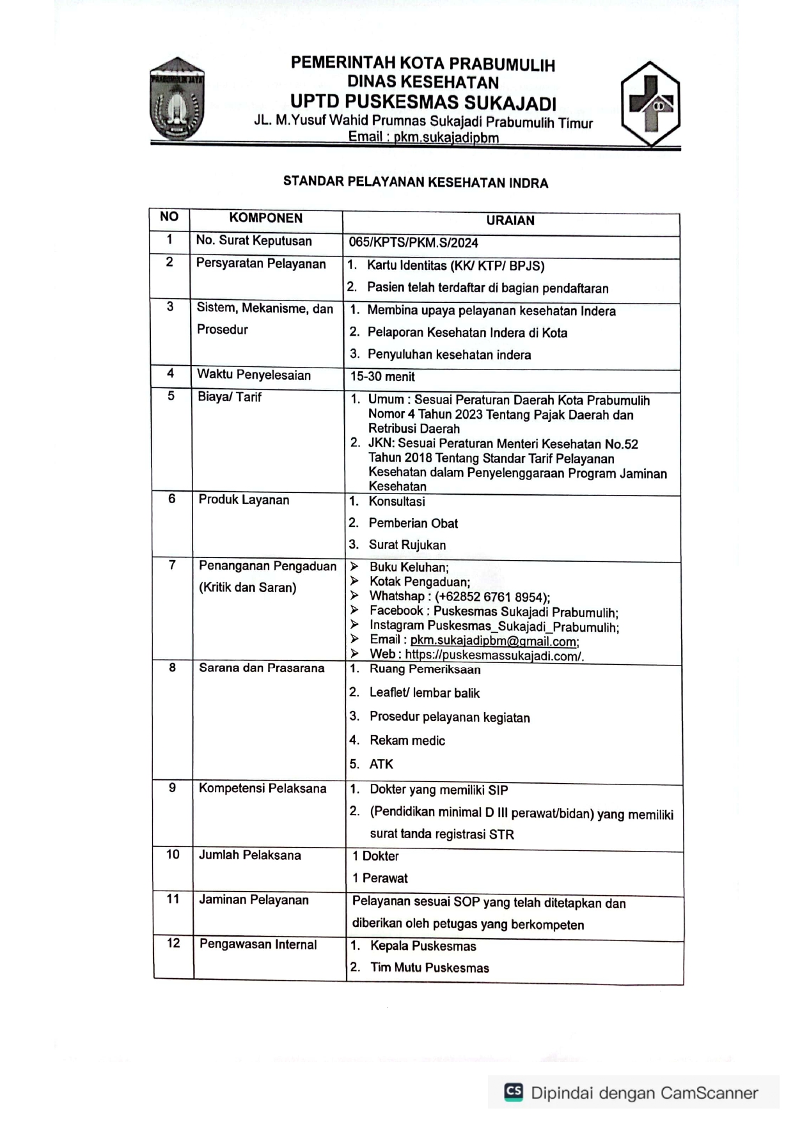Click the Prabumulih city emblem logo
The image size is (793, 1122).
click(177, 99)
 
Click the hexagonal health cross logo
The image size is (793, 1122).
click(650, 104)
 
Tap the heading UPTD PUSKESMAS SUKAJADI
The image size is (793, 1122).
click(423, 102)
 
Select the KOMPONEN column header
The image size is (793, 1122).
click(265, 218)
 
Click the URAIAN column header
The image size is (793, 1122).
click(510, 221)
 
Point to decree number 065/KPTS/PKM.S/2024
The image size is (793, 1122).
click(413, 243)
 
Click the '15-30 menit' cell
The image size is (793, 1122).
click(382, 377)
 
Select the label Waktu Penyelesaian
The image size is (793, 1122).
click(254, 375)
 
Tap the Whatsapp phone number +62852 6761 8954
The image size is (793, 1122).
click(492, 597)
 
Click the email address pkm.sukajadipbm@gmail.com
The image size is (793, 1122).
click(494, 641)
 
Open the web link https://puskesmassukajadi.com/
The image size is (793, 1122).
click(494, 655)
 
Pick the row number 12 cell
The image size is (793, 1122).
click(173, 944)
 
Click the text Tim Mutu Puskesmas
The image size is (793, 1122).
click(429, 968)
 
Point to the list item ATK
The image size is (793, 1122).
click(381, 765)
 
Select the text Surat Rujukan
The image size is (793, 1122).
click(407, 545)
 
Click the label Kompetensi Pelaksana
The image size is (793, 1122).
click(262, 789)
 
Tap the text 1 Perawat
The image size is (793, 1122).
click(380, 878)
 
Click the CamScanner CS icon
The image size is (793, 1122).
click(514, 1092)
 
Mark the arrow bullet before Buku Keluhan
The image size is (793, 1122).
click(354, 566)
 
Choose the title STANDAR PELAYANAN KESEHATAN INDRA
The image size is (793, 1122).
click(416, 183)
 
